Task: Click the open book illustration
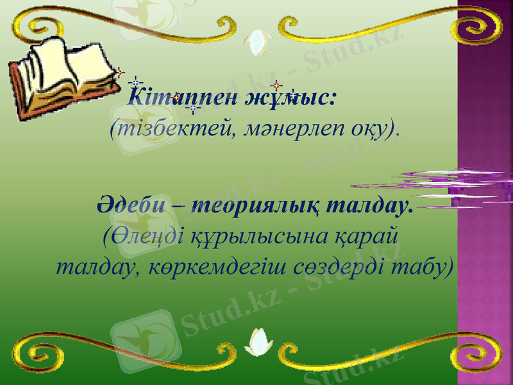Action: [61, 74]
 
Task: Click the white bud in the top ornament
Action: [258, 40]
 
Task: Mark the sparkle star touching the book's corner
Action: [119, 73]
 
